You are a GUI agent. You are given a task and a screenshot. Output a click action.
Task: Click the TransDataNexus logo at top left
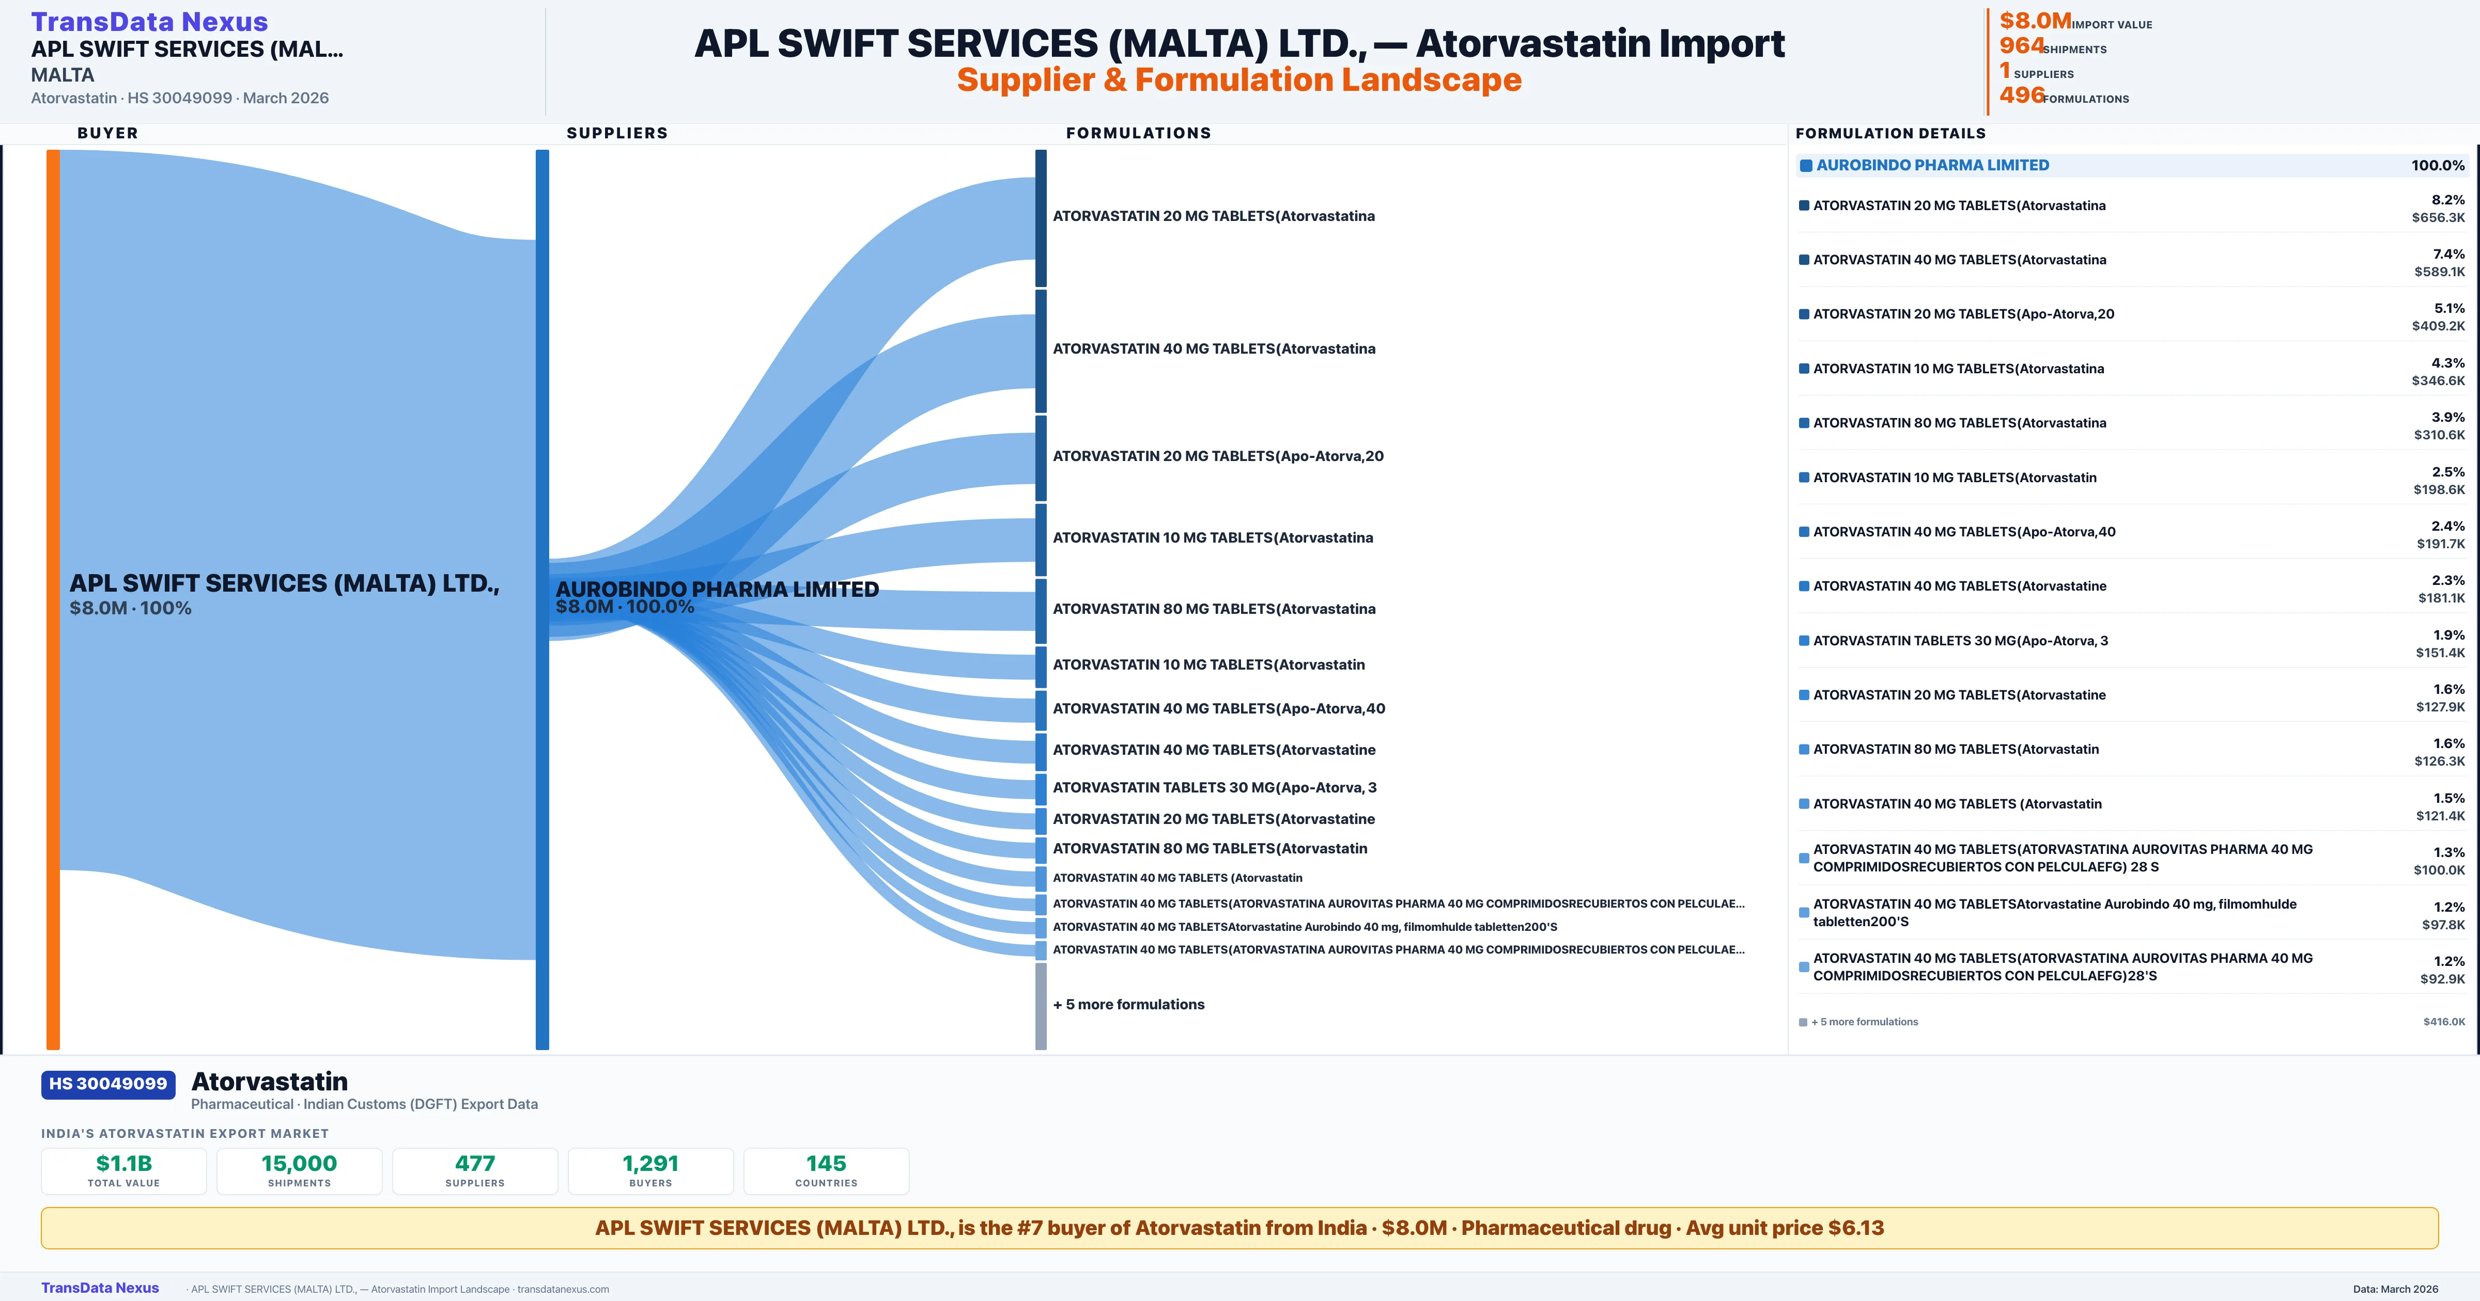pos(149,21)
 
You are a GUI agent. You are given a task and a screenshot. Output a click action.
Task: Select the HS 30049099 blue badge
pos(108,1084)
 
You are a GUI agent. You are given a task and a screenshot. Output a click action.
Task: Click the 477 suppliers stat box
pos(475,1170)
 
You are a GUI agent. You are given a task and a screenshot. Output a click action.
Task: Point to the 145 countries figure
pos(826,1163)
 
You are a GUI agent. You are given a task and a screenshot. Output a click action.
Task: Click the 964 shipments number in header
pos(2021,45)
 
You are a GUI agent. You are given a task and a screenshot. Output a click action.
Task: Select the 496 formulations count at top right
pos(2021,94)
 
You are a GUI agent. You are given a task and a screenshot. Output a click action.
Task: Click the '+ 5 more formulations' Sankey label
pos(1128,1004)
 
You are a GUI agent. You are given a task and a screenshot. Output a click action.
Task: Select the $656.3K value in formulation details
pos(2438,217)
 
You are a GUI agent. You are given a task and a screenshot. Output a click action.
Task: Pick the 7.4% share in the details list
pos(2448,254)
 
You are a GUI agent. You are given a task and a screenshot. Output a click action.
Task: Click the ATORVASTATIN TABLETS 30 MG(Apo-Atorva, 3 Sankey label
pos(1214,787)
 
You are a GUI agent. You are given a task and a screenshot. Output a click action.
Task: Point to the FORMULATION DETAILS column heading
pos(1890,133)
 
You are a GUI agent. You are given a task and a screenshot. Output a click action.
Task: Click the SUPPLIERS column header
pos(616,133)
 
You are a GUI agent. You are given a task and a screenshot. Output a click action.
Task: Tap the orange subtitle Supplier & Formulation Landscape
pos(1239,80)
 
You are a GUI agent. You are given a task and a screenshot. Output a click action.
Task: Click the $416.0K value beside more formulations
pos(2443,1022)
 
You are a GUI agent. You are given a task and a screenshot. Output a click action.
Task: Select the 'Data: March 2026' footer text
pos(2395,1289)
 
